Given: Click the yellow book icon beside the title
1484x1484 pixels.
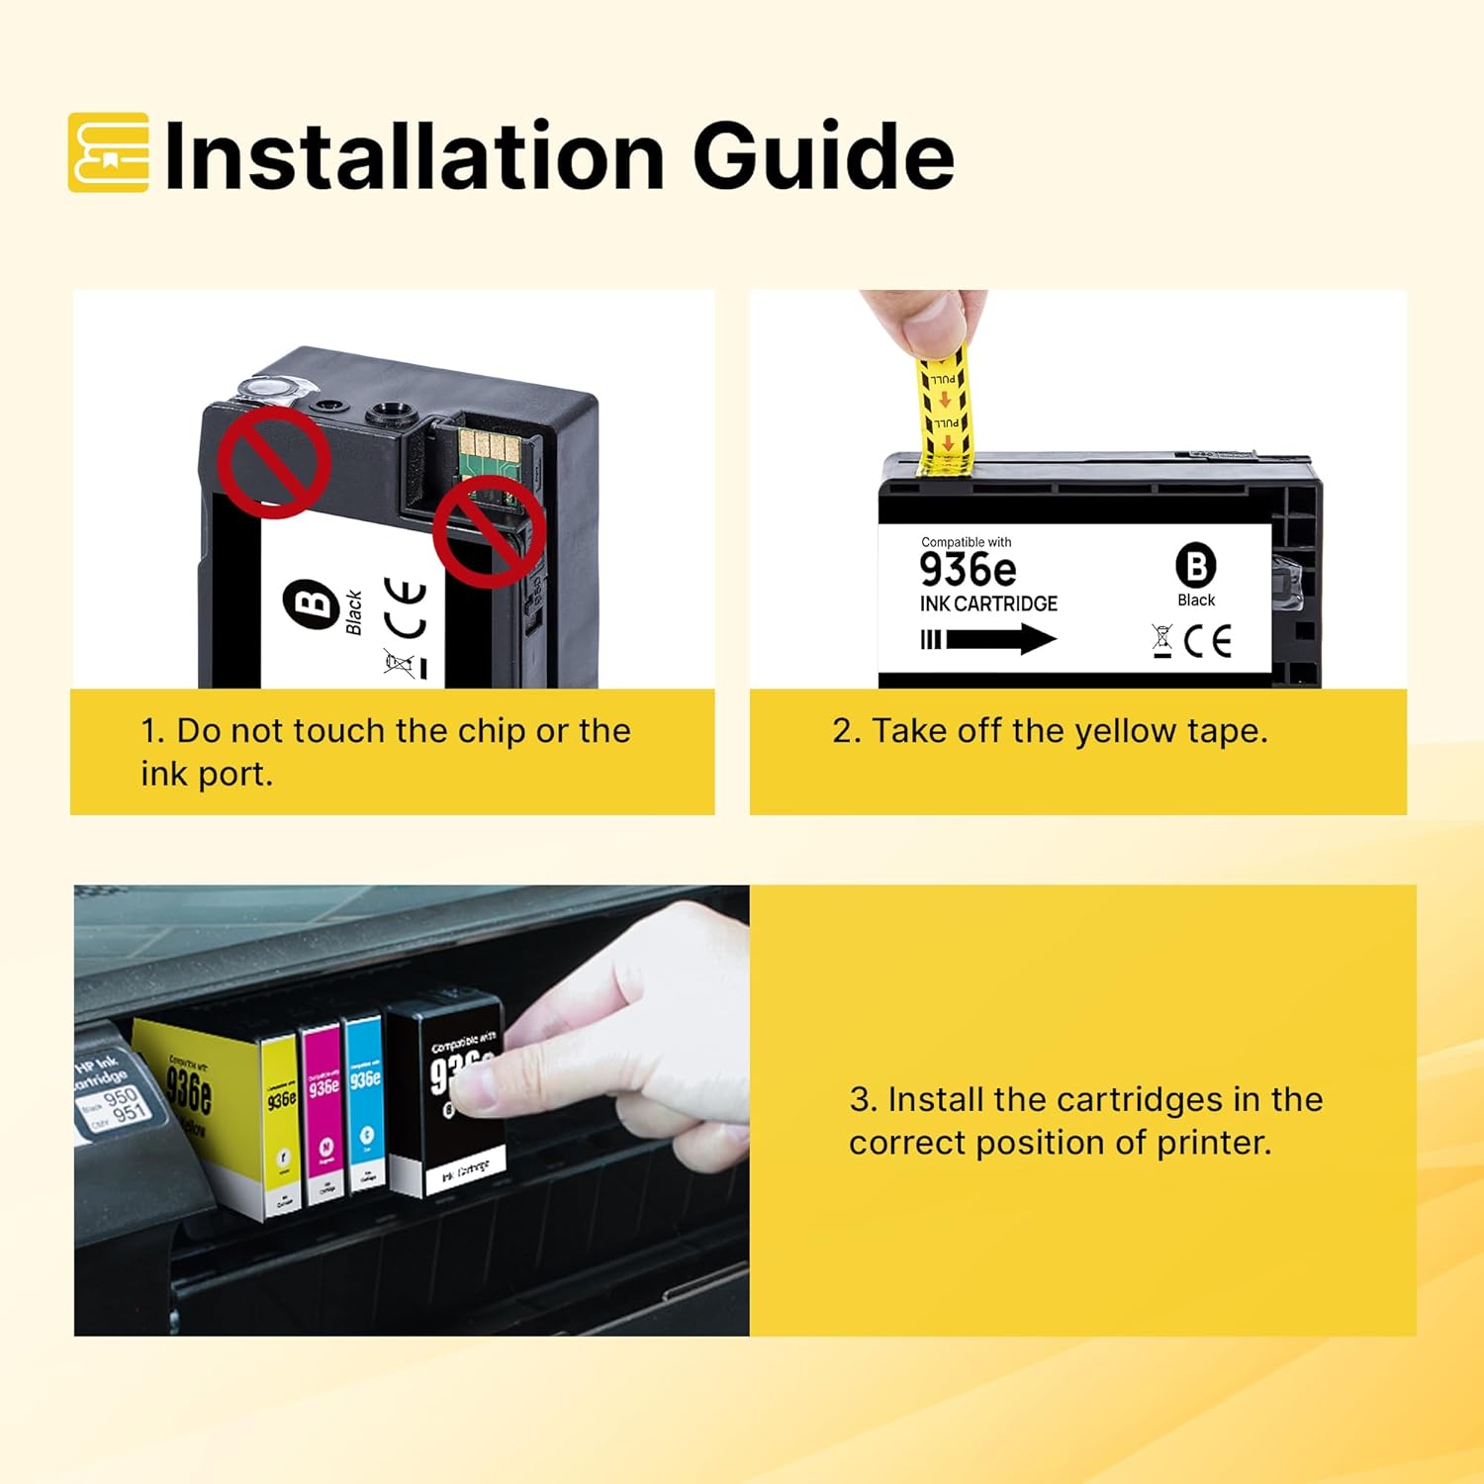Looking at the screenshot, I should (x=109, y=152).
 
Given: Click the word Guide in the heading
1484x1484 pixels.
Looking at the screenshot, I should (x=823, y=156).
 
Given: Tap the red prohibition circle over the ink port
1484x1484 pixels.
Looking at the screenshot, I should (x=274, y=463).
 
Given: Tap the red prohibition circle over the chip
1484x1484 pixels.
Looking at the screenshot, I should (x=489, y=531).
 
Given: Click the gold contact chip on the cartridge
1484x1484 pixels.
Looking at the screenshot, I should (x=488, y=450).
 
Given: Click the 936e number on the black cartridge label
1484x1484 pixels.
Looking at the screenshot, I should (x=968, y=570).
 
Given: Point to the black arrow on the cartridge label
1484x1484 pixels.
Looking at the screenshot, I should (x=989, y=639).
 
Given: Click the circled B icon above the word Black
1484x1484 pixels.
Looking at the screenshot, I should (x=1195, y=566).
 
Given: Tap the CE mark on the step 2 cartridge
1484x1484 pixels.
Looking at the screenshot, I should (x=1208, y=641).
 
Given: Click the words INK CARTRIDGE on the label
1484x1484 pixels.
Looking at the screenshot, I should (x=988, y=603).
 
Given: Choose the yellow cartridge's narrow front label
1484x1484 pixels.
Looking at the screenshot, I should (x=282, y=1128).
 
